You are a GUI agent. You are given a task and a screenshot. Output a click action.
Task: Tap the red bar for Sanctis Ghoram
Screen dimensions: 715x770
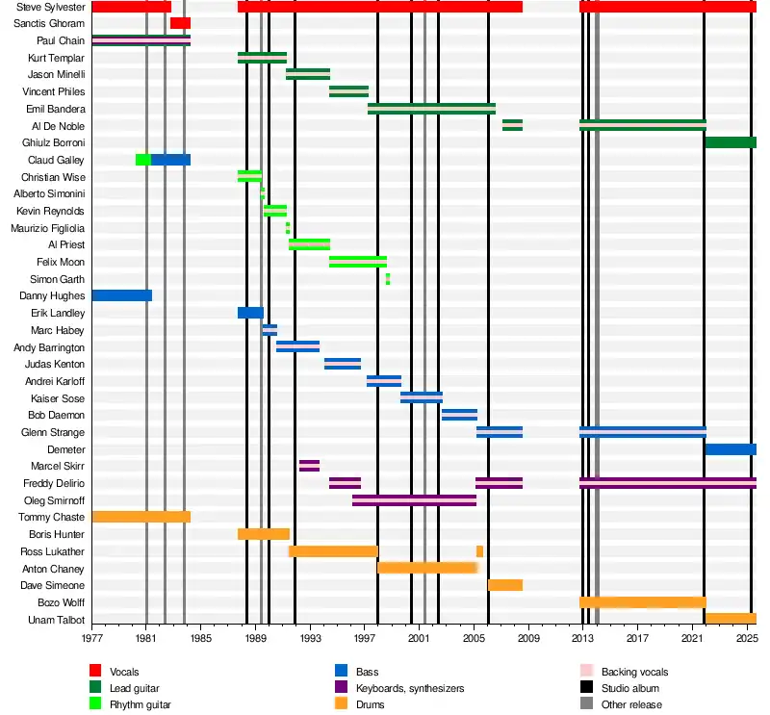click(x=180, y=23)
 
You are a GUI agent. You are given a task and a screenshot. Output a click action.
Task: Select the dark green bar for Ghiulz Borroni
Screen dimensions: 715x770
click(x=730, y=142)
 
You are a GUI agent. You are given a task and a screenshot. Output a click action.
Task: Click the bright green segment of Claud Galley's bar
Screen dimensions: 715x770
click(x=142, y=160)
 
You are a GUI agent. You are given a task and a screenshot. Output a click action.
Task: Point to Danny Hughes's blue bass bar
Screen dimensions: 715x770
click(x=121, y=295)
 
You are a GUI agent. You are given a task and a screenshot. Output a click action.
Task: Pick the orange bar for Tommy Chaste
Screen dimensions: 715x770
click(x=141, y=517)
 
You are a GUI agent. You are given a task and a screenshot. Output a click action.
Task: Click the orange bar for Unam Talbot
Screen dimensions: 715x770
click(x=730, y=619)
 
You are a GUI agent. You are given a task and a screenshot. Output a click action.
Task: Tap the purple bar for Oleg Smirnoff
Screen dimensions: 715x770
click(x=414, y=500)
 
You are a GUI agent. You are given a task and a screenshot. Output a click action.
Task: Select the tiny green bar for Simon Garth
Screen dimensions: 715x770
click(x=388, y=279)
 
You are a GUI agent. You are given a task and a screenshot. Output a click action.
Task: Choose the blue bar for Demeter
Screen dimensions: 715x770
click(x=730, y=449)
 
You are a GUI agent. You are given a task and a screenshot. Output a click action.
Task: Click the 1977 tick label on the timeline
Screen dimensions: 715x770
click(x=91, y=638)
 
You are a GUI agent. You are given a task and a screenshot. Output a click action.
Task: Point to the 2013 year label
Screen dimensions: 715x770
click(x=582, y=638)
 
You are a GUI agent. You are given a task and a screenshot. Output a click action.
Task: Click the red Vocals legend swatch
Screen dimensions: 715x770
click(x=95, y=672)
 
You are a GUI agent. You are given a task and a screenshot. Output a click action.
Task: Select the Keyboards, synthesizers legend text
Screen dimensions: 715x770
click(x=408, y=688)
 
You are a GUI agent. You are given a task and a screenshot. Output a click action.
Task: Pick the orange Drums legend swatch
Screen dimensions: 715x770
click(x=341, y=704)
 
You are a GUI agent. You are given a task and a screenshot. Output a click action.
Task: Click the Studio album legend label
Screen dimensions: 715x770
click(x=631, y=688)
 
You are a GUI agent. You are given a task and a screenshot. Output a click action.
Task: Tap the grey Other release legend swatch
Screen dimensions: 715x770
click(x=586, y=704)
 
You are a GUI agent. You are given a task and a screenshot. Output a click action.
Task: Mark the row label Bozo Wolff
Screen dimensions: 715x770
click(x=63, y=602)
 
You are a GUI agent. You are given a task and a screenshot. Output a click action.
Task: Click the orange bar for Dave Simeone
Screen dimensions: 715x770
click(x=505, y=585)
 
